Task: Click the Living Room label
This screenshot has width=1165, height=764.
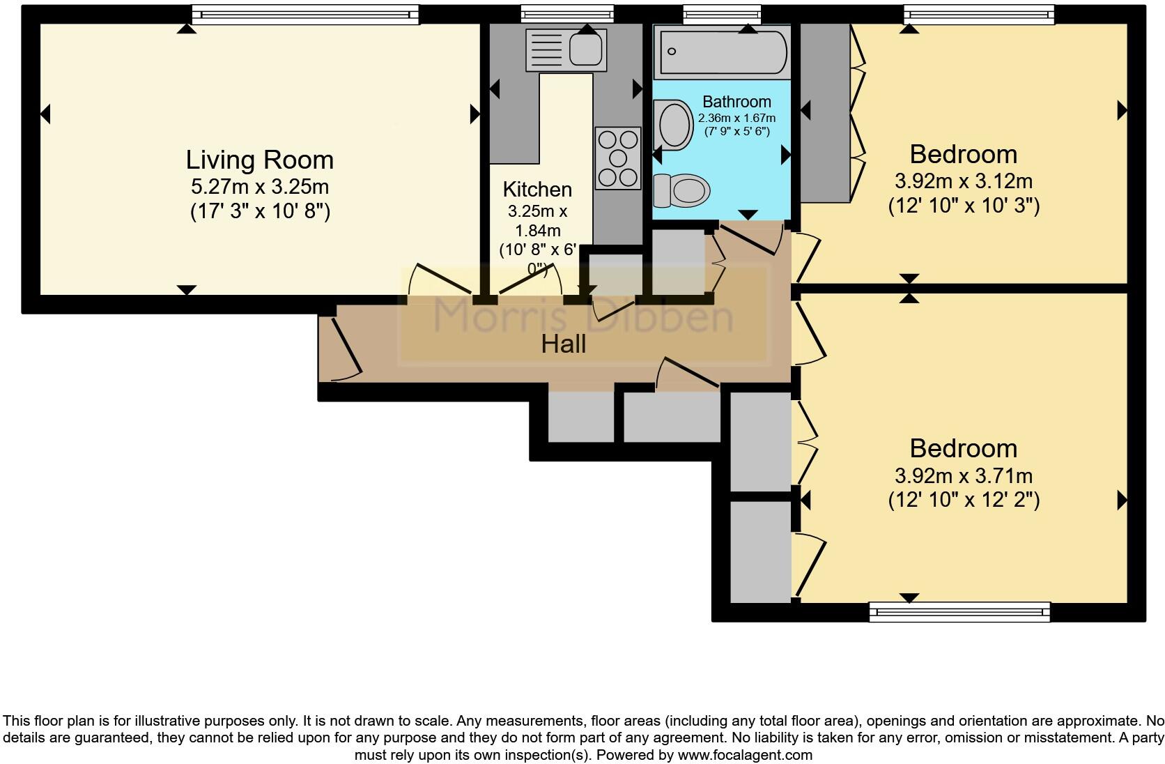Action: [x=259, y=160]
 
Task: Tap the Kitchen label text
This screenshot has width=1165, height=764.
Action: [x=537, y=190]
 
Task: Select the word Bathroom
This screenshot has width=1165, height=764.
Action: [x=736, y=102]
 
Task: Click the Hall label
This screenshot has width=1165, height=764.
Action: [x=563, y=344]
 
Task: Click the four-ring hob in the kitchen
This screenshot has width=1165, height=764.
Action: [x=618, y=158]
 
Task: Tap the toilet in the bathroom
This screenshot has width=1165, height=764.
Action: [x=682, y=190]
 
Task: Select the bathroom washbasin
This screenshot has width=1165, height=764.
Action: [x=674, y=125]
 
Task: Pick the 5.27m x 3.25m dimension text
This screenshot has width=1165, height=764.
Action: [x=259, y=186]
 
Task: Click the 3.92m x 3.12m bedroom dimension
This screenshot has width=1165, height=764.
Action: [x=963, y=181]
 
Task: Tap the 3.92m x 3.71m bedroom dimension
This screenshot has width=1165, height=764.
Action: [x=963, y=475]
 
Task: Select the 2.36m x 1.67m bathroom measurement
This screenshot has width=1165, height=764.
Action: [x=736, y=118]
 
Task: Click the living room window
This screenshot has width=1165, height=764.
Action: [x=305, y=15]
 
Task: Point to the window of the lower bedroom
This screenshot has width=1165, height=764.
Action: [x=959, y=612]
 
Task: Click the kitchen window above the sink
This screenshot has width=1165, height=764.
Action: [x=567, y=14]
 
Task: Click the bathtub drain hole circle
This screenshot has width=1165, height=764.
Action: [x=672, y=52]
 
